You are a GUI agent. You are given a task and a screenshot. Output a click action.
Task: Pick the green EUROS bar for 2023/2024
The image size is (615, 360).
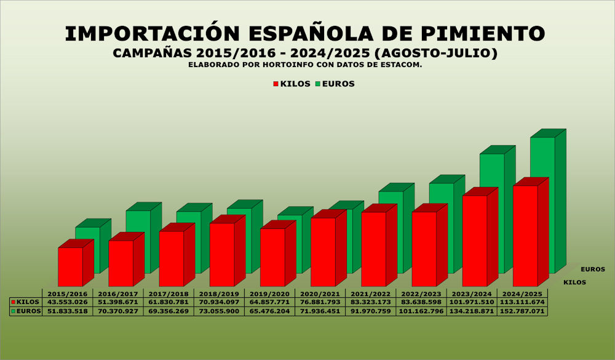coord(492,172)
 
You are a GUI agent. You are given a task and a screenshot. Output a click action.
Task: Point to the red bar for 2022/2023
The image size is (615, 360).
coord(424,249)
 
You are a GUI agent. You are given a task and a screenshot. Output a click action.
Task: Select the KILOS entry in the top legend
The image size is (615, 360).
coord(292,84)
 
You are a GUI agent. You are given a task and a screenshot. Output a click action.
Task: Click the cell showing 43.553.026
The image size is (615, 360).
coord(67,302)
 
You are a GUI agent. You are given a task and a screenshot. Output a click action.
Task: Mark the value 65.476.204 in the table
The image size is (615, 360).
coord(269,311)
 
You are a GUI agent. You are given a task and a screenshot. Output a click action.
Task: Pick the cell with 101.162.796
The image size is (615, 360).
coord(420,311)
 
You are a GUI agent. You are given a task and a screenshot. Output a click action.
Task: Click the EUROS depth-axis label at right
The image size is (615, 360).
coord(592,269)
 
